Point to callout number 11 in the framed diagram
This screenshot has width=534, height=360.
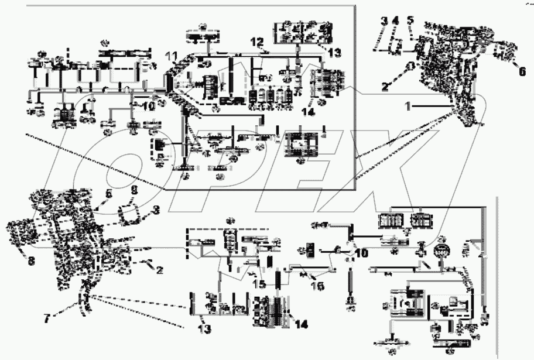[x=170, y=56]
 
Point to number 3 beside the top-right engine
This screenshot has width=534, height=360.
[x=384, y=21]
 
